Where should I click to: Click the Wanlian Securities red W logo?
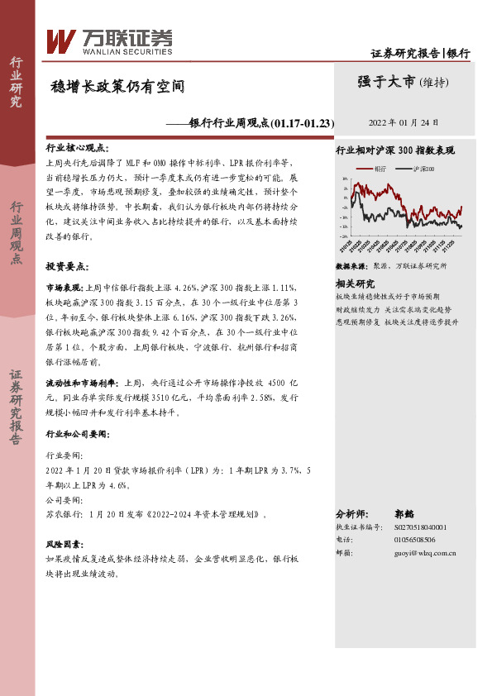click(61, 40)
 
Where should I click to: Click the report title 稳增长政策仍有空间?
click(117, 85)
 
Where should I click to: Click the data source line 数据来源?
click(391, 267)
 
